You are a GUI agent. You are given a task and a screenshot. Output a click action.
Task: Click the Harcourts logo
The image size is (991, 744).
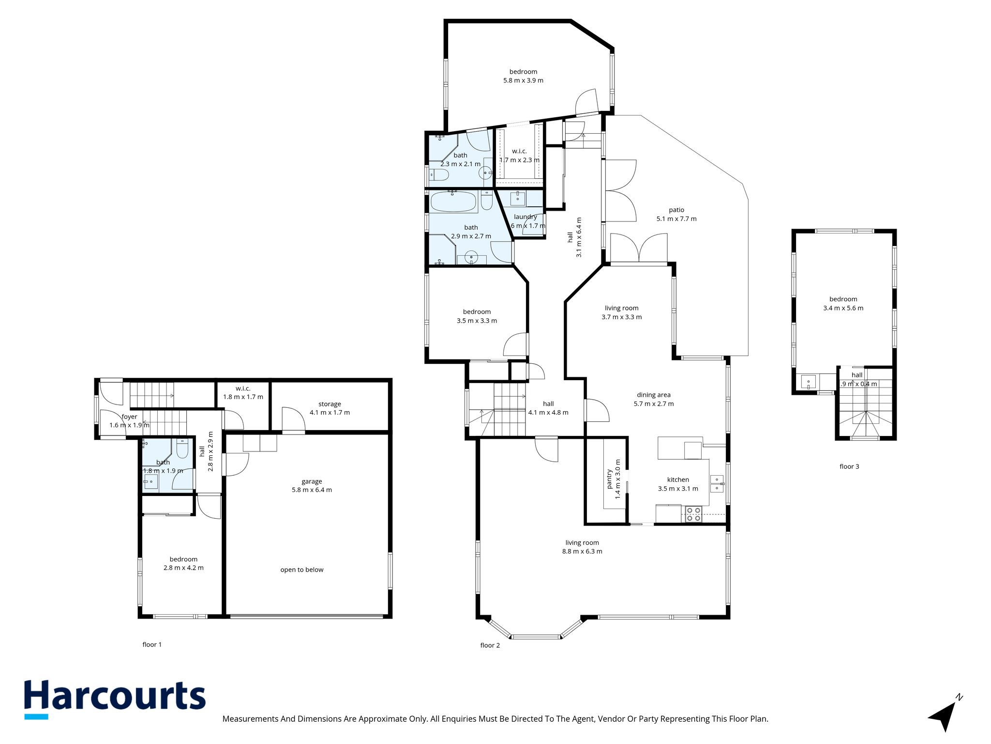[x=115, y=699]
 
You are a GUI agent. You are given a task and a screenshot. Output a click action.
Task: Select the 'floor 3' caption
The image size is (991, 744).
[x=849, y=466]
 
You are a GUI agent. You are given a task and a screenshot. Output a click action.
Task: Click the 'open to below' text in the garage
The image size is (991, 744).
[x=302, y=570]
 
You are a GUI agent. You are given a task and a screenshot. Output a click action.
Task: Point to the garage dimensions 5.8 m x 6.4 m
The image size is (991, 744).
[x=312, y=490]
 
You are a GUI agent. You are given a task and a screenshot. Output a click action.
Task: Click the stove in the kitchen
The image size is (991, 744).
[x=693, y=514]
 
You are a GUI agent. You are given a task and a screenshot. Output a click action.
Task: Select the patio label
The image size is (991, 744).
[x=676, y=210]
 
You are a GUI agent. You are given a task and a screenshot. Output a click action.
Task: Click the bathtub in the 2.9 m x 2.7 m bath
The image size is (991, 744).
[x=453, y=201]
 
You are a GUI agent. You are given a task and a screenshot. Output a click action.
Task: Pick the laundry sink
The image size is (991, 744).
[x=518, y=198]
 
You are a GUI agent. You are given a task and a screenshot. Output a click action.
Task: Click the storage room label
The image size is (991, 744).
[x=330, y=404]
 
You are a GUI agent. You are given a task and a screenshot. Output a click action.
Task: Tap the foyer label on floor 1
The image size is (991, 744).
[x=129, y=417]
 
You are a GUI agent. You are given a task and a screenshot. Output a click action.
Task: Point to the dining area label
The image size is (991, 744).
[x=653, y=395]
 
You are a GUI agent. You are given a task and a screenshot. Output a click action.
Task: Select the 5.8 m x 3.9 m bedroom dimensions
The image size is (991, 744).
[x=523, y=80]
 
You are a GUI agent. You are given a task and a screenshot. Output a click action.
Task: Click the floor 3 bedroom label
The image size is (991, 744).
[x=843, y=299]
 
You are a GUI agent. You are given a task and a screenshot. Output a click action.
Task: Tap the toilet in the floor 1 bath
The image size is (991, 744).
[x=182, y=449]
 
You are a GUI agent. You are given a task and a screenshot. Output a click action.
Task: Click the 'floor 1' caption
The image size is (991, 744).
[x=152, y=644]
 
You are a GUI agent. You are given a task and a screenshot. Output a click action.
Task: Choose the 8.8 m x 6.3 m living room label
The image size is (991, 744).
[x=582, y=542]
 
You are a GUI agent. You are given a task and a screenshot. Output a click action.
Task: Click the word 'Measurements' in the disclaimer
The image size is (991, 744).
[x=250, y=719]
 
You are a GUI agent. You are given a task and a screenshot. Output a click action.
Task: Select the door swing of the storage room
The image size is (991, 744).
[x=293, y=419]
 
